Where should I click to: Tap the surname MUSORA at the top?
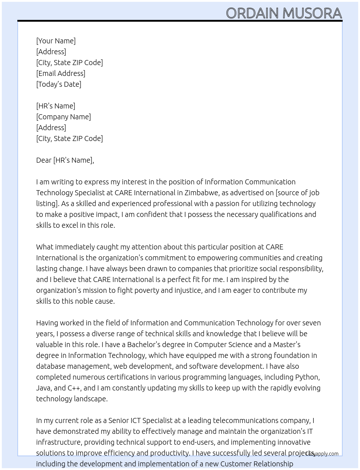312,13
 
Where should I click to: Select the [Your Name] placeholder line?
56,41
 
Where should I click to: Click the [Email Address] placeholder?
61,73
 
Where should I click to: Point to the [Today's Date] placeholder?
59,84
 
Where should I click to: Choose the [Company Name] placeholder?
64,117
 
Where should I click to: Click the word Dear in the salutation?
44,160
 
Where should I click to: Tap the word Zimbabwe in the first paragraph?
201,193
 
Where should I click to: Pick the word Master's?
287,345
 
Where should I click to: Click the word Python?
307,377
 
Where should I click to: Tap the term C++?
74,388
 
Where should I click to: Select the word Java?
44,388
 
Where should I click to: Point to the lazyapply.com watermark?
322,454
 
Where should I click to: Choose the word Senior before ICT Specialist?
118,420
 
